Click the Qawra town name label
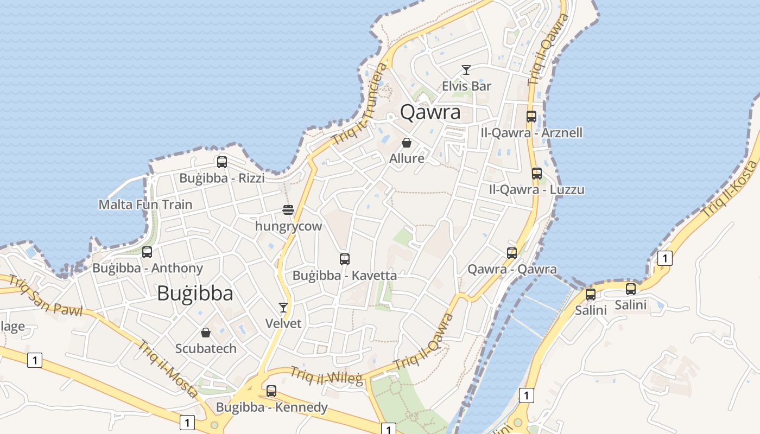430,112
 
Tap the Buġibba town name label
195,293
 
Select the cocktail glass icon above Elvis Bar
466,70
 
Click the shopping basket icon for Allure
407,143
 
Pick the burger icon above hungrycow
288,210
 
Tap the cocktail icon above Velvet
283,308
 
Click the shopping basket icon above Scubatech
206,333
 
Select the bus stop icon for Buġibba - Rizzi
221,162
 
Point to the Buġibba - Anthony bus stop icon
147,252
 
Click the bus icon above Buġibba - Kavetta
345,259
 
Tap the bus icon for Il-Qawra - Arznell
531,117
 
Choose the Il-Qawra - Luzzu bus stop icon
537,174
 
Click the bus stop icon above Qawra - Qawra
512,253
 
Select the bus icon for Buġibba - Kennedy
271,391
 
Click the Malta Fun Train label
145,205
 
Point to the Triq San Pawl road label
46,296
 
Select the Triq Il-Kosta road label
730,190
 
